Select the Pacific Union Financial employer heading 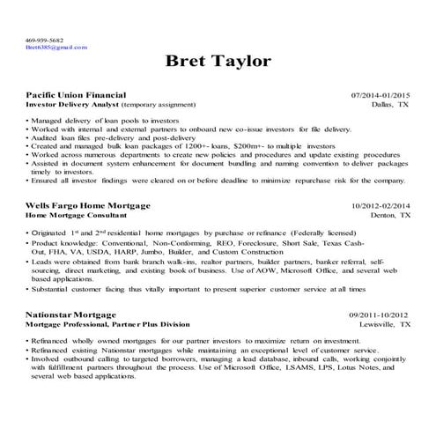(x=76, y=94)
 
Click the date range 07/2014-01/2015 (x=381, y=94)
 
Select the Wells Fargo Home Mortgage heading (x=87, y=205)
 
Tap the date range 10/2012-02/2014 (x=381, y=205)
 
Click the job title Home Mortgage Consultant (x=78, y=214)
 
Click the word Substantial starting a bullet (x=53, y=287)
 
